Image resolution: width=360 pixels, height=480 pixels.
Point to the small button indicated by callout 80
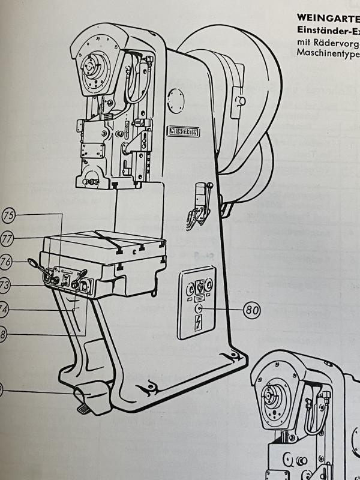pos(199,309)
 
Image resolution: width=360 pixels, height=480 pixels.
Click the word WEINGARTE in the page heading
pos(325,19)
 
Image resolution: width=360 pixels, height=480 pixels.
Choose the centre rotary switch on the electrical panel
pos(199,287)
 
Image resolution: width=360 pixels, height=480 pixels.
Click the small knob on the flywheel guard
pos(241,100)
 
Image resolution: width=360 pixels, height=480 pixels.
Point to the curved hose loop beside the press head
pos(137,78)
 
